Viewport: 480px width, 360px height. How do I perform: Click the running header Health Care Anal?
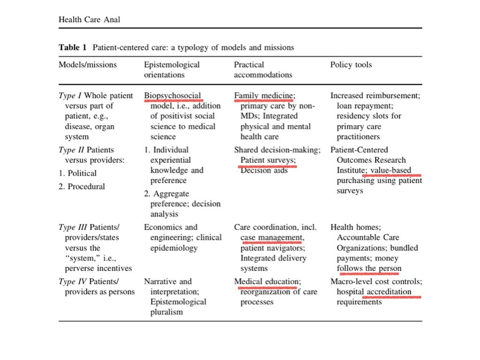(x=89, y=19)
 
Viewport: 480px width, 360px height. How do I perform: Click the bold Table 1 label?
(x=74, y=47)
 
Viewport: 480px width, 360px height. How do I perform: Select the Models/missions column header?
(x=88, y=65)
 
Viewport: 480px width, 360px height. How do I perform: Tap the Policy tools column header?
(x=351, y=65)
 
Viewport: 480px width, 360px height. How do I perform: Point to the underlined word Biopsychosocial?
(x=172, y=96)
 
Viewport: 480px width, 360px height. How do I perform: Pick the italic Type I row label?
(x=70, y=96)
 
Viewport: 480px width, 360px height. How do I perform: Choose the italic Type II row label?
(x=71, y=150)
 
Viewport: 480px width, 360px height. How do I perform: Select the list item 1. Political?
(x=77, y=173)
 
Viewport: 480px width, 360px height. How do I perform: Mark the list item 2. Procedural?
(x=82, y=187)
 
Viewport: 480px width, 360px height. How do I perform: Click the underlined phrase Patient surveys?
(x=268, y=160)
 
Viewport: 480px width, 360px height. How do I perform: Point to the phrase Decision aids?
(x=264, y=171)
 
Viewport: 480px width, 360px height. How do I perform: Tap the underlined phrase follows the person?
(x=369, y=269)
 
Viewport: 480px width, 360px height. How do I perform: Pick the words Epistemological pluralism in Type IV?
(x=178, y=307)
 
